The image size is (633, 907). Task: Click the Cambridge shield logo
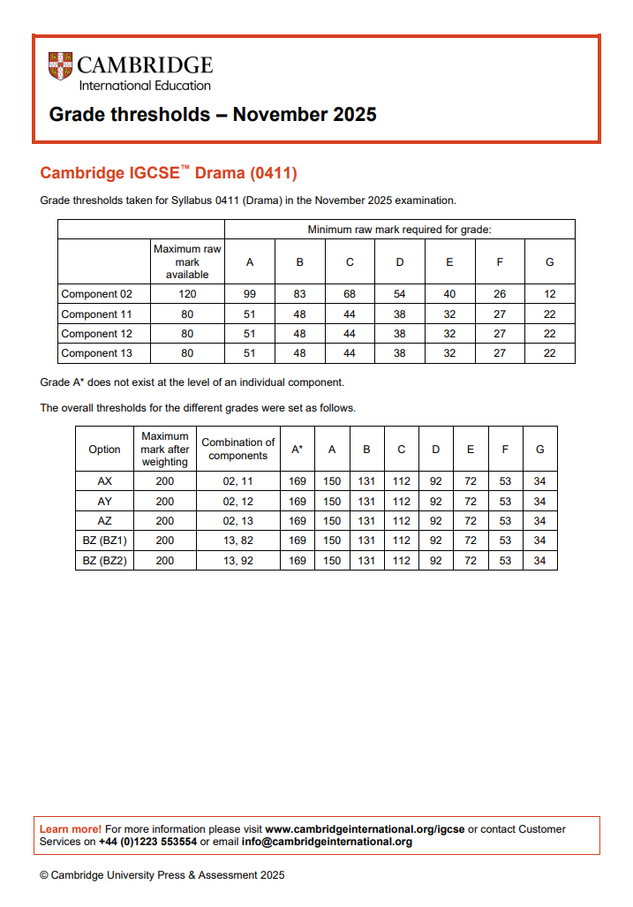60,65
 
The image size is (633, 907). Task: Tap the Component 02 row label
90,294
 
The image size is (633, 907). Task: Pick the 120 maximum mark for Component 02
187,294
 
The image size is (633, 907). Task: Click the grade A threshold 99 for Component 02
250,294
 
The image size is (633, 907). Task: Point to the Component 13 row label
90,353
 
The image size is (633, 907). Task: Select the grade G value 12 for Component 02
549,294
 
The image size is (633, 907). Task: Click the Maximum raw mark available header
187,262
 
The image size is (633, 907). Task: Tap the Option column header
104,450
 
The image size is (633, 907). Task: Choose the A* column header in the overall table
298,450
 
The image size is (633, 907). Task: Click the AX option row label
104,481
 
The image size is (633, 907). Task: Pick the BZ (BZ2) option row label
104,561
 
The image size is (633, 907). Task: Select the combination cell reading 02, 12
237,501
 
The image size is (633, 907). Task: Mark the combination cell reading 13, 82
237,540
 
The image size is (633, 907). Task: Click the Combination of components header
237,450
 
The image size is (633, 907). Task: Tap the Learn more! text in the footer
71,829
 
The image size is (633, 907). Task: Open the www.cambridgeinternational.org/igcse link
365,829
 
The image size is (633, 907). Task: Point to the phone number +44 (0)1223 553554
147,842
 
